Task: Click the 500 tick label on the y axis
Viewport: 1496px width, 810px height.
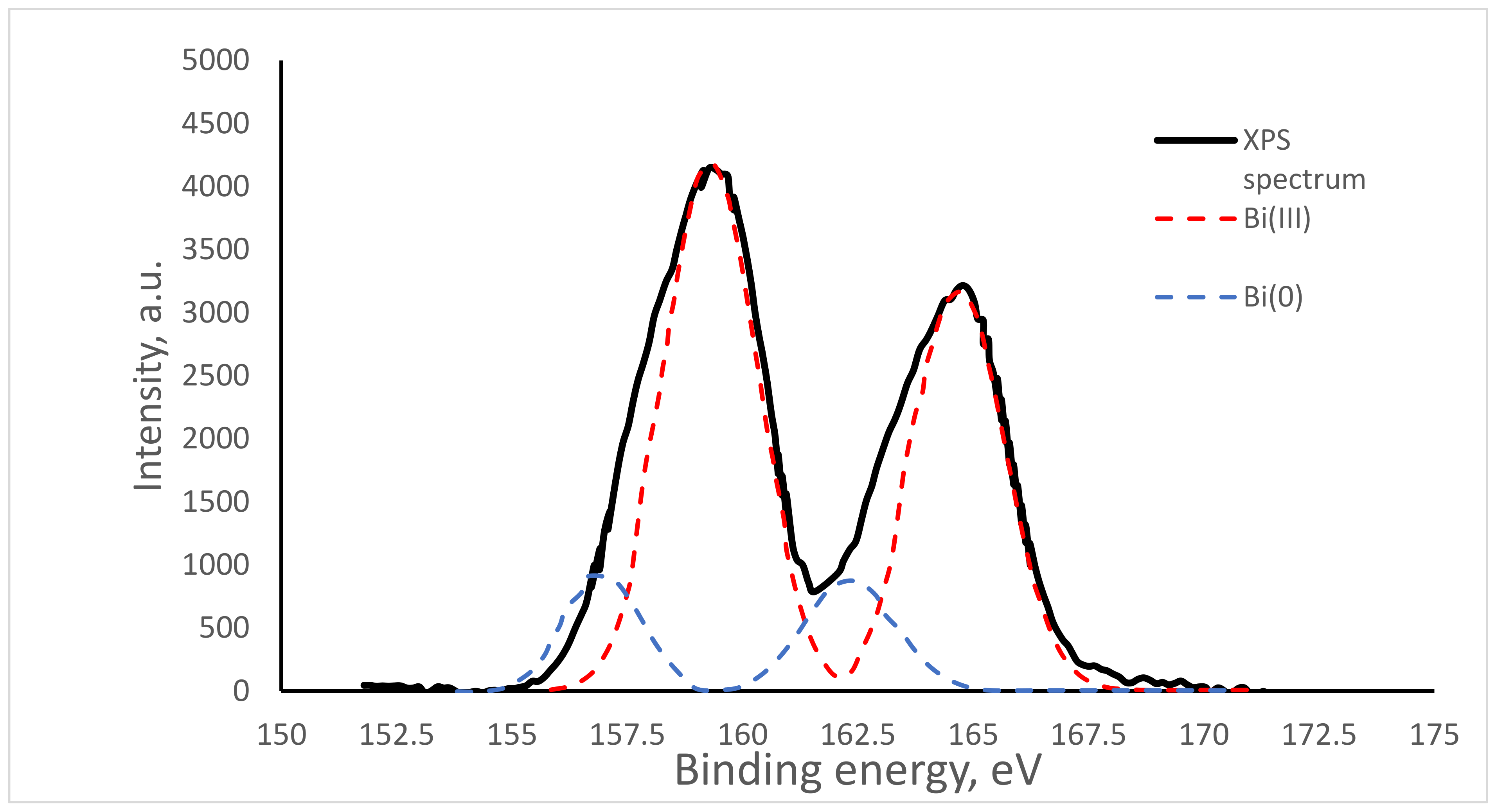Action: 224,628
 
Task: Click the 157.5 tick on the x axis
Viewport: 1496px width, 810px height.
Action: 627,735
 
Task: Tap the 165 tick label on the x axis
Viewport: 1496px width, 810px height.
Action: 973,735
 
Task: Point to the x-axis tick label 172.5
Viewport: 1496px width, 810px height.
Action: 1318,735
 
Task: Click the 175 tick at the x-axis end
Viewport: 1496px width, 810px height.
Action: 1434,735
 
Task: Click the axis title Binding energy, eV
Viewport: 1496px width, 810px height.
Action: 858,771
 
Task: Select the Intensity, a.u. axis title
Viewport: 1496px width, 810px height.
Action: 149,375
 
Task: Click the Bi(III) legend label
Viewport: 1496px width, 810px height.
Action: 1277,219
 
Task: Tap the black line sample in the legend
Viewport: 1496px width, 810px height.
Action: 1195,140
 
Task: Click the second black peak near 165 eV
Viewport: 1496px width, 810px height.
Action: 963,285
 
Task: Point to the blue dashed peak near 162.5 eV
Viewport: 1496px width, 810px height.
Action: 850,580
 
